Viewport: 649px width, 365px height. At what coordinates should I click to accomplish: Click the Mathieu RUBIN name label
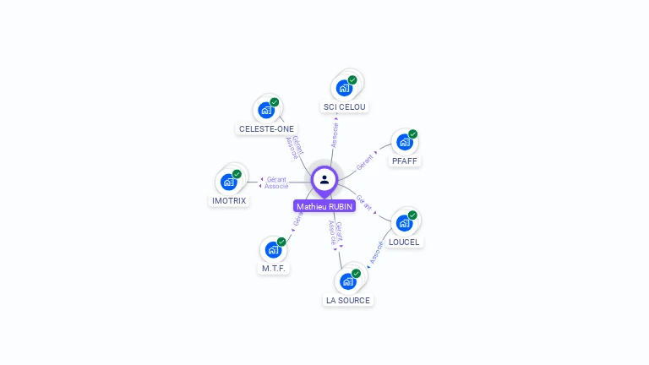(x=324, y=206)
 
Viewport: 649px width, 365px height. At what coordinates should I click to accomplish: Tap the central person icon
(x=324, y=179)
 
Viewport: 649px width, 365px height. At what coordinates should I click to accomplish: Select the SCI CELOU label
(x=345, y=106)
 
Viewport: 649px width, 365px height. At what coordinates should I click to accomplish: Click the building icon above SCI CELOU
(x=344, y=88)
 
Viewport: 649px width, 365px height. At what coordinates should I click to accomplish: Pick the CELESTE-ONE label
(x=266, y=128)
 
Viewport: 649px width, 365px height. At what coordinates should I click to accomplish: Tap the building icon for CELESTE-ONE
(x=266, y=110)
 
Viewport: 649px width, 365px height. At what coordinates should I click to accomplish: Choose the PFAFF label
(x=405, y=161)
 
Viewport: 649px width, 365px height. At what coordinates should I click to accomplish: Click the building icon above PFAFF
(x=405, y=142)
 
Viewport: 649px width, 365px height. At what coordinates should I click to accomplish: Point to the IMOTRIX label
(x=228, y=200)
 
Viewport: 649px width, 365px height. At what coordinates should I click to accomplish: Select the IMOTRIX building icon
(x=228, y=182)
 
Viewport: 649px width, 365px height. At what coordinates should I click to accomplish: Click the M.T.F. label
(x=274, y=268)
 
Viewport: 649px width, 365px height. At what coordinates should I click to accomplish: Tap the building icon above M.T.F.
(x=273, y=249)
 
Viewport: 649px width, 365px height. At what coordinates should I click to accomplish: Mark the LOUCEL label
(x=404, y=242)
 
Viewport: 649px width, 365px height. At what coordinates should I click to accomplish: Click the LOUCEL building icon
(x=404, y=223)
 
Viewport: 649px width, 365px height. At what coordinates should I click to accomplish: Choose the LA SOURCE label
(x=348, y=300)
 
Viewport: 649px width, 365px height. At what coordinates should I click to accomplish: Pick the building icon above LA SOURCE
(x=347, y=281)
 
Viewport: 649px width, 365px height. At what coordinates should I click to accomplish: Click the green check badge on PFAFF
(x=413, y=133)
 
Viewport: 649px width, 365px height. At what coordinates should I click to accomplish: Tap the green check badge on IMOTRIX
(x=237, y=174)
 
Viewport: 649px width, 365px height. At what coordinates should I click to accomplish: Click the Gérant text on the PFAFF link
(x=365, y=162)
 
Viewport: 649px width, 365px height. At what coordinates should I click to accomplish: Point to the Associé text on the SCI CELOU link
(x=335, y=134)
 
